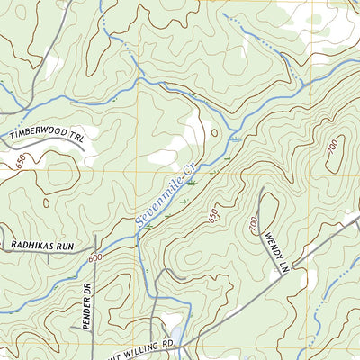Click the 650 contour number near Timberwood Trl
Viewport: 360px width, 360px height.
click(x=21, y=161)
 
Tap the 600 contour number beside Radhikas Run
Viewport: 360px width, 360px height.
click(x=95, y=258)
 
